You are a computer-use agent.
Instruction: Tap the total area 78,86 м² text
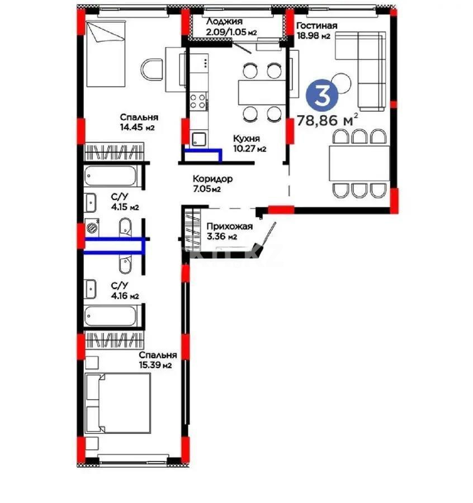coord(328,120)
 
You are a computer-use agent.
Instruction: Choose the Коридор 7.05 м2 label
coord(212,184)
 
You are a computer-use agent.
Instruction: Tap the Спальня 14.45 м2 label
coord(139,122)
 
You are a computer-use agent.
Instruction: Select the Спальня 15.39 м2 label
coord(158,360)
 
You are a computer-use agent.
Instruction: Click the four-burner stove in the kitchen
coord(198,101)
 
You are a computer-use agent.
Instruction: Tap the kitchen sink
coord(198,138)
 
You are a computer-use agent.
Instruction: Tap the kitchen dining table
coord(259,92)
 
